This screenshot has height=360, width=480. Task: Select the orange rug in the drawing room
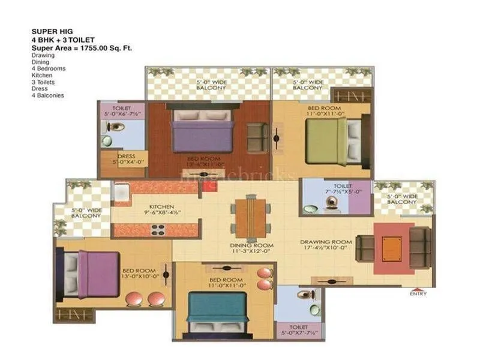[x=394, y=248]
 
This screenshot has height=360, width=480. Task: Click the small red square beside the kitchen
[x=207, y=187]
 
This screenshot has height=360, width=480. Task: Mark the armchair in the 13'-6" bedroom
[x=257, y=136]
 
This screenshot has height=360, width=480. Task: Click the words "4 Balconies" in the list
[x=47, y=95]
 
